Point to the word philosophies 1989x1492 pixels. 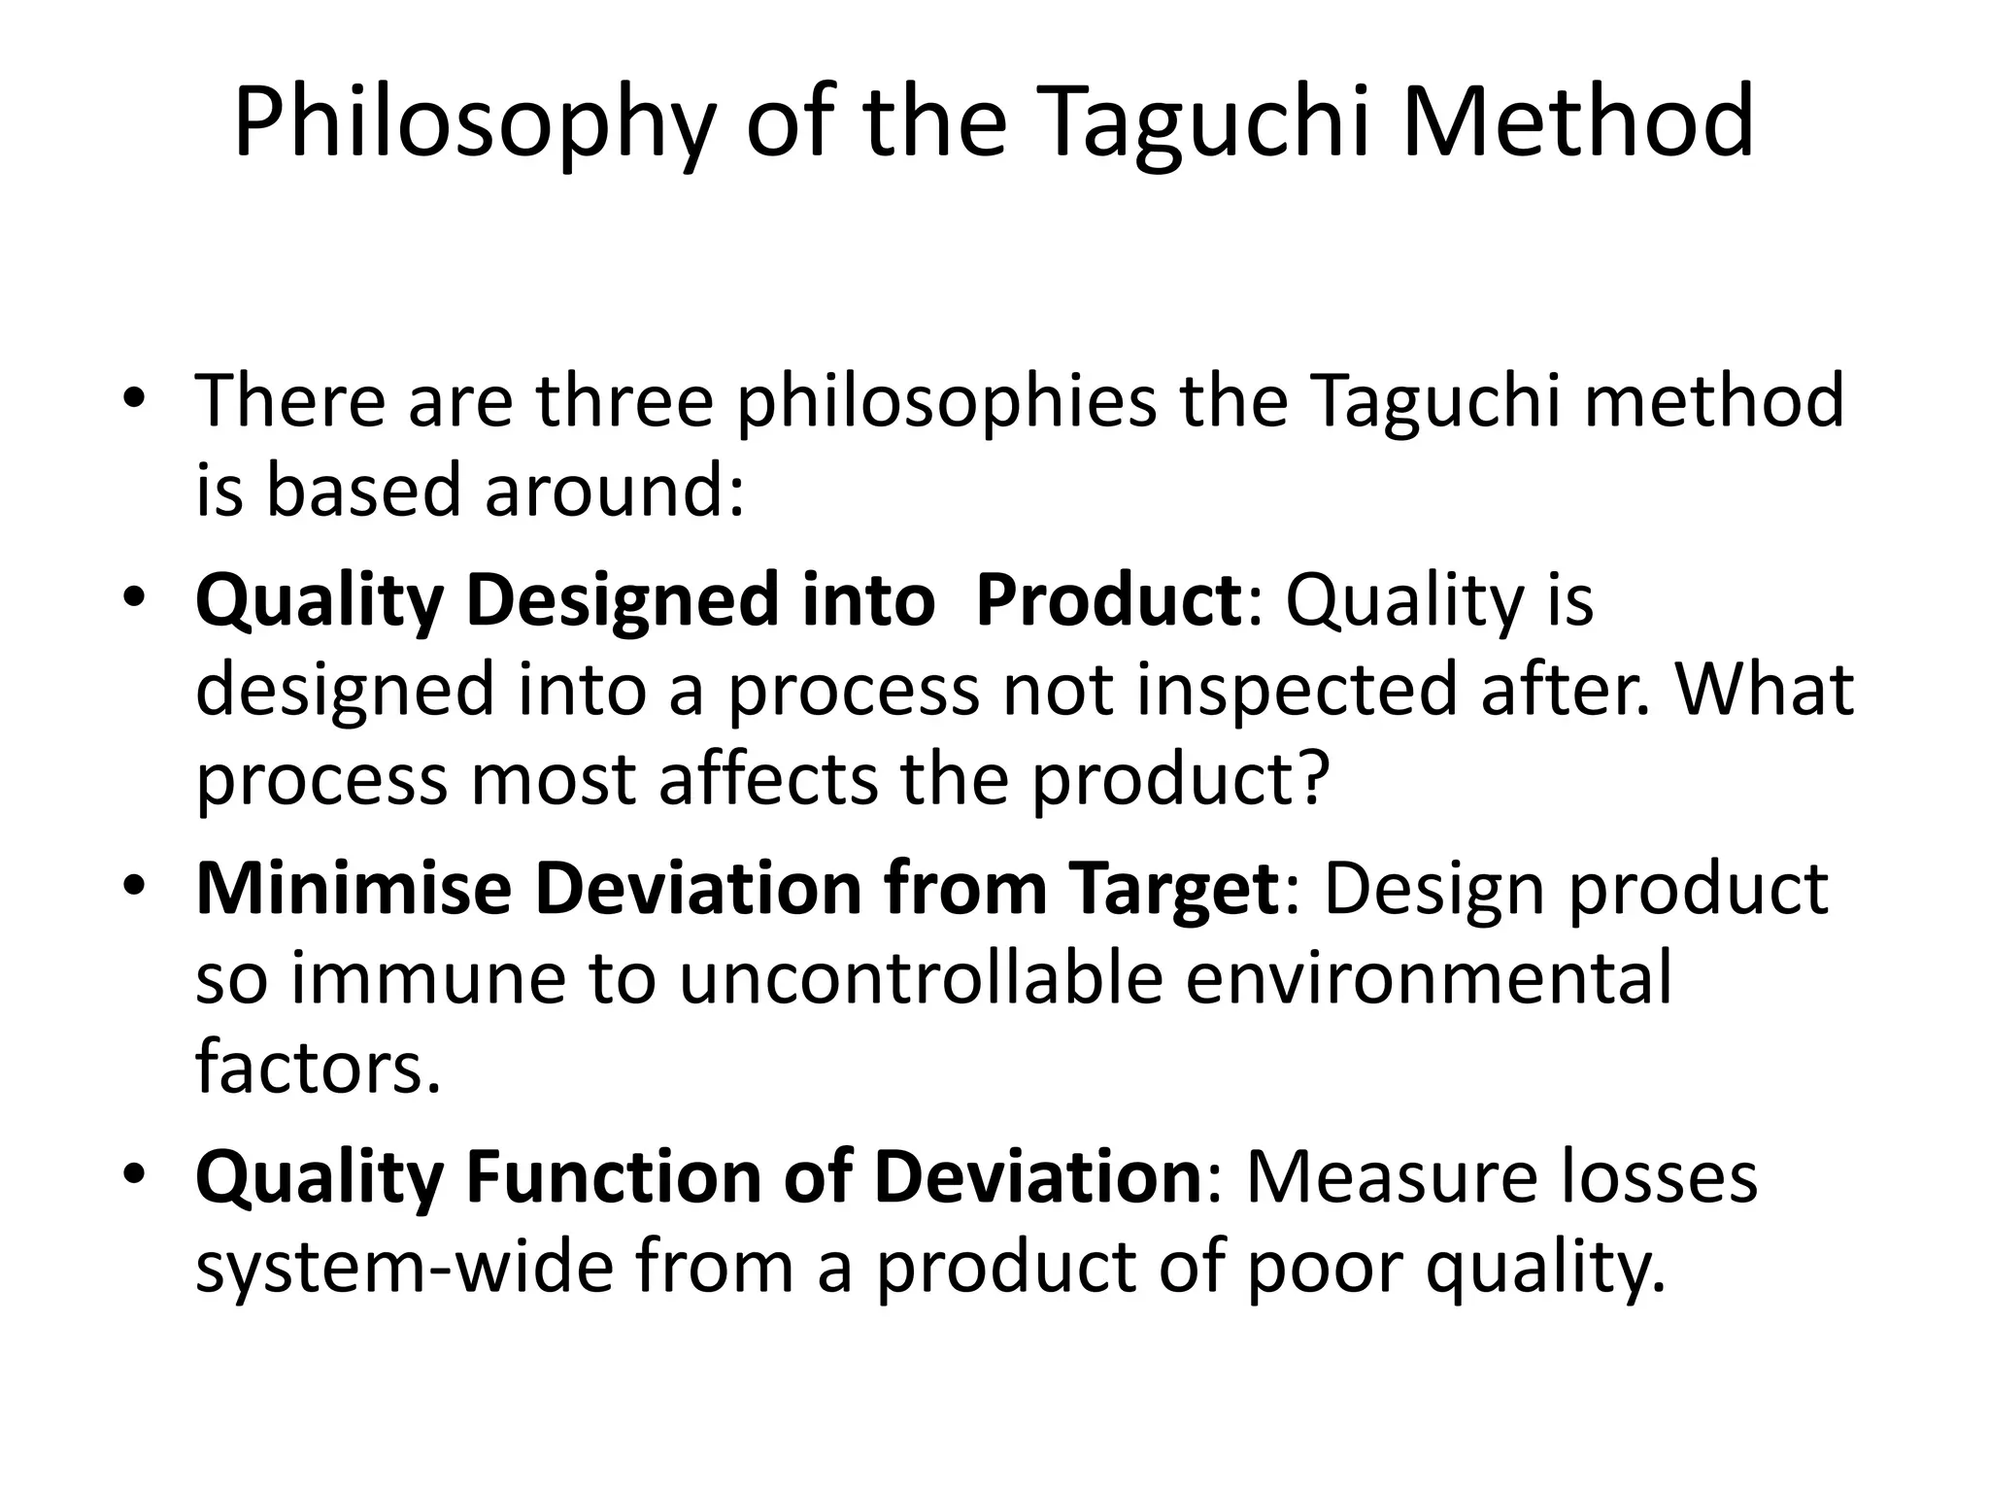(x=947, y=402)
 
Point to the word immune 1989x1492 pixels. (x=427, y=978)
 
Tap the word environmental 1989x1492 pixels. (x=1429, y=978)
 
